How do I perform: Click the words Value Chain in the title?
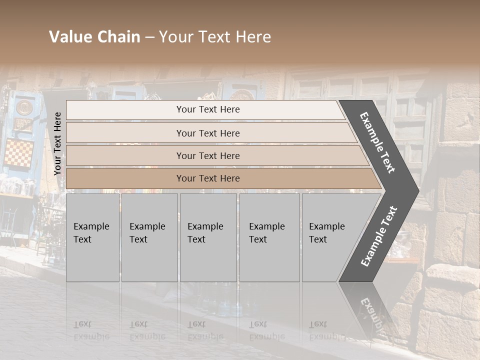[94, 37]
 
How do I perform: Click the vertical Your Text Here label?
[57, 143]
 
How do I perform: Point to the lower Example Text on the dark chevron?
[379, 236]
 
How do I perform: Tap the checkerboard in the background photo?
[19, 153]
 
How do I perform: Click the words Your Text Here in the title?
[215, 37]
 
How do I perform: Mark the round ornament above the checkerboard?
[23, 107]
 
